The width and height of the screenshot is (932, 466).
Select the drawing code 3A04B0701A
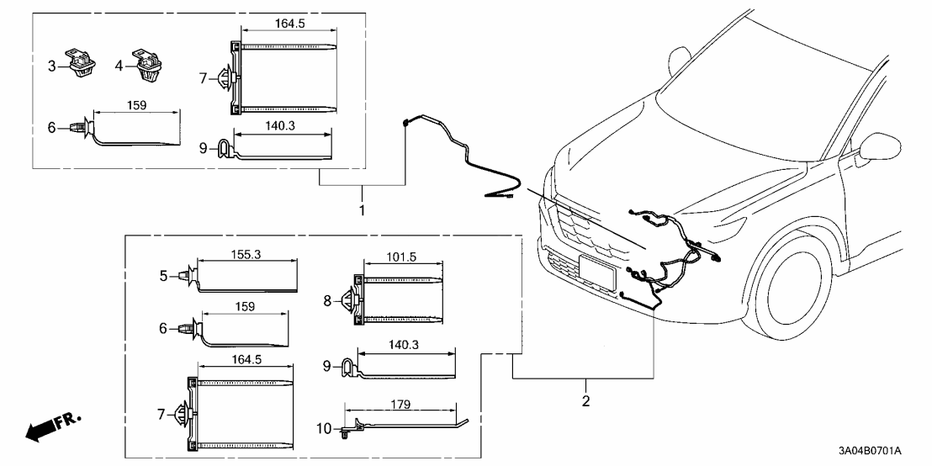(871, 451)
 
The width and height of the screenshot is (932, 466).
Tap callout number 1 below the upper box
(362, 210)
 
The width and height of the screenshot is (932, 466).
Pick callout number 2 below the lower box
(586, 400)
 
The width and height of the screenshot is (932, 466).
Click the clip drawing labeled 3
(79, 63)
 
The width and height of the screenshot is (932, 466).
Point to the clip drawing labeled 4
(146, 64)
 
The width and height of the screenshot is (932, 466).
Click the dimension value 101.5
(401, 257)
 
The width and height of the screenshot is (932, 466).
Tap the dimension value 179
(400, 405)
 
